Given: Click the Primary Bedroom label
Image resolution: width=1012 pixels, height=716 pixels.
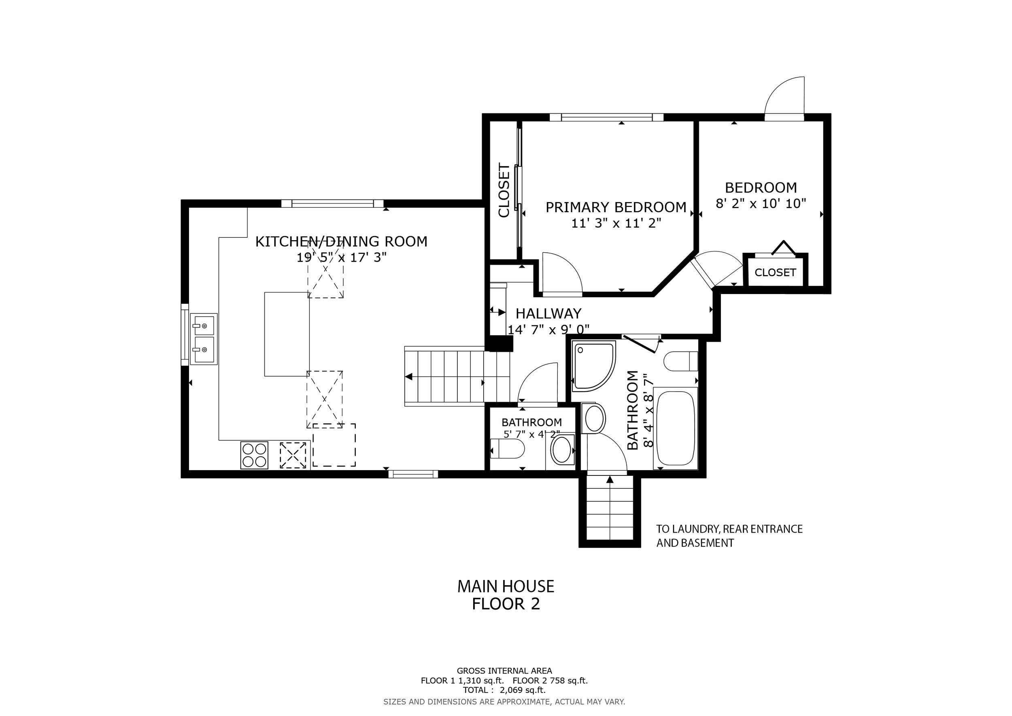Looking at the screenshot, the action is coord(616,207).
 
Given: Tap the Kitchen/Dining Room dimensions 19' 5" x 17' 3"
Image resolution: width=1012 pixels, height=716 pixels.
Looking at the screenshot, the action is coord(342,258).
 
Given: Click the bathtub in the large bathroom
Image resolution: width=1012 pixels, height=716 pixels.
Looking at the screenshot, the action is coord(676,428).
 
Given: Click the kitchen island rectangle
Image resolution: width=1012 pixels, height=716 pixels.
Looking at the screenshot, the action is coord(287,334).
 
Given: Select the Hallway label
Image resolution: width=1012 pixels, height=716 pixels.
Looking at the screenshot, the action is coord(549,313).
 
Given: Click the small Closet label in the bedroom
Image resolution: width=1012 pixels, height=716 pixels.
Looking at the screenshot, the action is coord(775,273).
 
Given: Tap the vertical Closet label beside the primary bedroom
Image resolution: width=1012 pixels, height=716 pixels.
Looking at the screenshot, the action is coord(504,190).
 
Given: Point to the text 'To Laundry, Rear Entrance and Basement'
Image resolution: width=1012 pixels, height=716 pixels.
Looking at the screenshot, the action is coord(729,536).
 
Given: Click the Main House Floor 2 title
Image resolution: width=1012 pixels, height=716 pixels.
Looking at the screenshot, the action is coord(506,595).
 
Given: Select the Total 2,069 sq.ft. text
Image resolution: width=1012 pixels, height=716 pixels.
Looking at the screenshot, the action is coord(504,690).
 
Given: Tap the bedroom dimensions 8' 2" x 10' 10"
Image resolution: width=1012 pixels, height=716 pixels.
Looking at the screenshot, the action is coord(761,204).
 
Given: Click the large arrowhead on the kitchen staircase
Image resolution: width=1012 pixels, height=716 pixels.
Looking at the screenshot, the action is coord(408,377).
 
